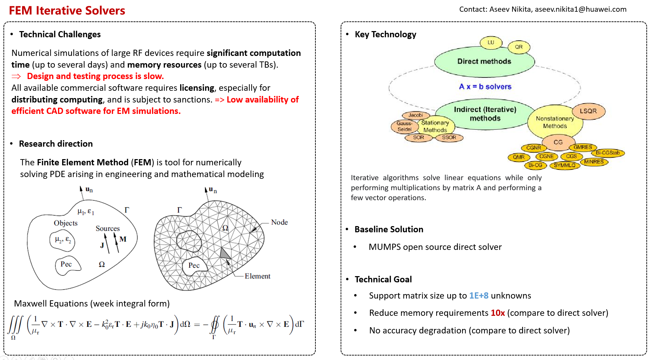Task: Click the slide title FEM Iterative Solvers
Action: tap(67, 10)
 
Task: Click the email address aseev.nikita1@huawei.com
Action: tap(580, 9)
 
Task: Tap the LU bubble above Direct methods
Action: tap(491, 42)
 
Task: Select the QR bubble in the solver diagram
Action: tap(519, 47)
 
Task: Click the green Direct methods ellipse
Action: tap(484, 62)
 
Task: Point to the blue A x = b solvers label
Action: tap(485, 87)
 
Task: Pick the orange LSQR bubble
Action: tap(588, 111)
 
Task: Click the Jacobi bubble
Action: tap(416, 115)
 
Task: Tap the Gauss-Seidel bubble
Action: tap(404, 126)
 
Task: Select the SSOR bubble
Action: tap(449, 137)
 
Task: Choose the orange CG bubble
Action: tap(558, 142)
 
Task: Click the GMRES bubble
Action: tap(583, 147)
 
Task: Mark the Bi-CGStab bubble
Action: tap(608, 153)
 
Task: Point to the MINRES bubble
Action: tap(594, 162)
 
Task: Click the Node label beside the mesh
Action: tap(279, 222)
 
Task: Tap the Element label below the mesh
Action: tap(257, 276)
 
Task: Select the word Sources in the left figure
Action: tap(108, 228)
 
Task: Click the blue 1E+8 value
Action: tap(479, 296)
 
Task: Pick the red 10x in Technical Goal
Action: tap(498, 313)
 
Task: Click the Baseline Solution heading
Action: tap(389, 230)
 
